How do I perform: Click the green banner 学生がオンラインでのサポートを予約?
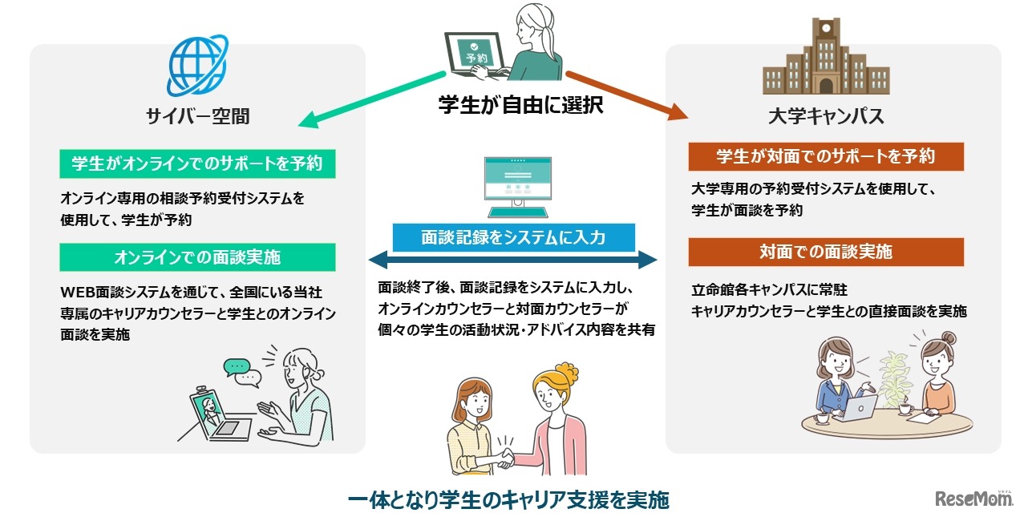pos(197,164)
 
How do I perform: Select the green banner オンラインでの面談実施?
pos(197,257)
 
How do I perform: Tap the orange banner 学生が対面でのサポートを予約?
pos(825,156)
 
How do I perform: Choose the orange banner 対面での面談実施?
pos(825,252)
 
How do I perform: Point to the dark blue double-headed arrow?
pos(512,261)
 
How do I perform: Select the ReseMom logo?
pos(973,498)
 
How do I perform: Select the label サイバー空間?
pos(197,116)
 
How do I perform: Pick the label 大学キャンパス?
pos(825,116)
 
